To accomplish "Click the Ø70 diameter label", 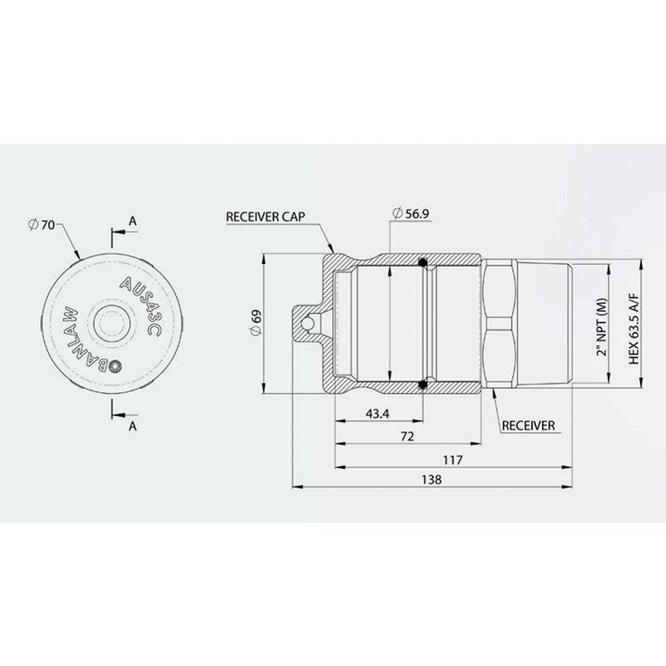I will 42,224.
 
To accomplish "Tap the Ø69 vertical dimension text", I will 256,322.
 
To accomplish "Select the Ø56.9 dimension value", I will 412,215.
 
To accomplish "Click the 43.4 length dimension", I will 377,414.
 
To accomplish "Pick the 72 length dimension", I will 408,436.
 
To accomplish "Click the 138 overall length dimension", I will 432,480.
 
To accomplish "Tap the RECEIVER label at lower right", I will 528,425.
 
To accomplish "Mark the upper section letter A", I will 132,220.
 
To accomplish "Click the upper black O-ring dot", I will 424,264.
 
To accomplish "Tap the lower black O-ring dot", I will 424,384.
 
